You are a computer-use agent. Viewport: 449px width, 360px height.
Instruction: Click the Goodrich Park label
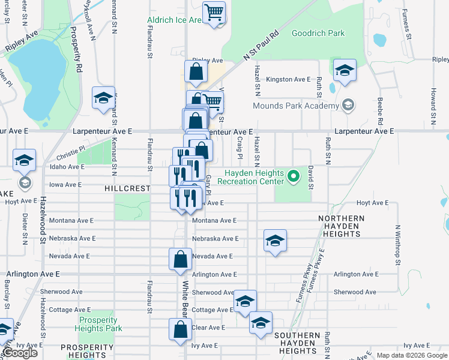coord(318,33)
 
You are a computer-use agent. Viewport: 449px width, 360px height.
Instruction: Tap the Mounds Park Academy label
coord(296,106)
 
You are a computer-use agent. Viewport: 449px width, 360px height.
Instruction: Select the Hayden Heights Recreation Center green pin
coord(293,176)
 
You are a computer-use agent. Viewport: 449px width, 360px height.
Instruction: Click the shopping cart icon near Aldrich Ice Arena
coord(214,12)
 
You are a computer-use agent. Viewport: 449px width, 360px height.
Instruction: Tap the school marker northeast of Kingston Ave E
coord(345,71)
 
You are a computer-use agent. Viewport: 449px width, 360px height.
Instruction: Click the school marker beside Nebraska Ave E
coord(274,241)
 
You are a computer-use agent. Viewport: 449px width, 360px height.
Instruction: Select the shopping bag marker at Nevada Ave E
coord(180,260)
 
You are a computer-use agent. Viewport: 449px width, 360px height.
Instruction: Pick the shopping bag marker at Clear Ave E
coord(180,330)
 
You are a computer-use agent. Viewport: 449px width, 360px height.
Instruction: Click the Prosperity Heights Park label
coord(100,324)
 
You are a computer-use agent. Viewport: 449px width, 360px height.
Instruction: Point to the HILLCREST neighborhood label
coord(127,188)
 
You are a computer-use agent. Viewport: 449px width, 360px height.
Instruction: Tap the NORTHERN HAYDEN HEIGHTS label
coord(342,226)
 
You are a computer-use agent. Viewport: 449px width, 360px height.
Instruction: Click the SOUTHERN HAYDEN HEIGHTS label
coord(298,343)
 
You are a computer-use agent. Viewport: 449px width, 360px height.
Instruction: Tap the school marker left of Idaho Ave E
coord(25,161)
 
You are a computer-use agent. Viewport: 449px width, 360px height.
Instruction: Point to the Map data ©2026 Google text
coord(412,355)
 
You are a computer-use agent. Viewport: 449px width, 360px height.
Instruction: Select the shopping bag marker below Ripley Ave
coord(196,73)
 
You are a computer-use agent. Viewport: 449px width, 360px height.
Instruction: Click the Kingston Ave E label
coord(288,79)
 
